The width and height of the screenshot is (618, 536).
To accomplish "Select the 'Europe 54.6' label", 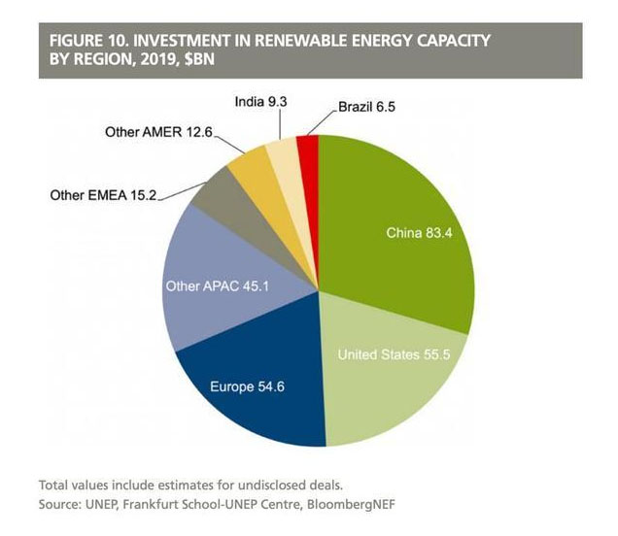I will coord(247,387).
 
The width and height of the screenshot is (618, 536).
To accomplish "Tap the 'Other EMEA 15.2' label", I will coord(104,194).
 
